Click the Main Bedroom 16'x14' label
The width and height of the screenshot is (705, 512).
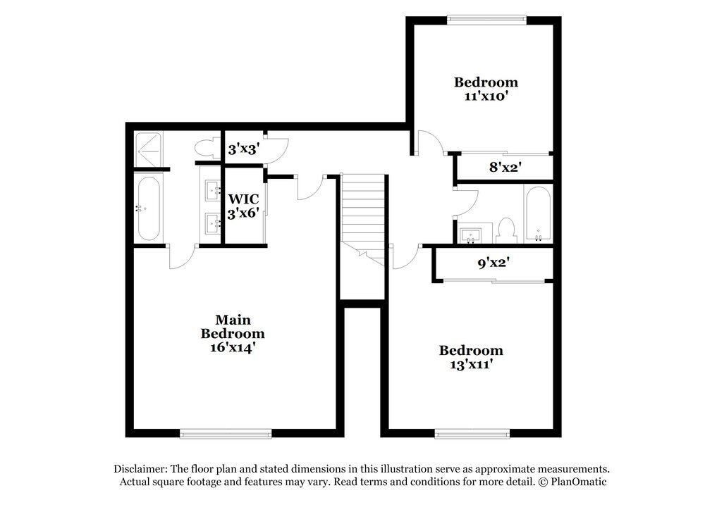point(233,333)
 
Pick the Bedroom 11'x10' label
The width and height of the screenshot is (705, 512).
point(486,89)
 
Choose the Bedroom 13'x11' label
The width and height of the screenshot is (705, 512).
point(471,358)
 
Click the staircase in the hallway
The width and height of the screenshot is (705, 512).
point(363,211)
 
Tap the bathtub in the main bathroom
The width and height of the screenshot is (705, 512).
point(149,208)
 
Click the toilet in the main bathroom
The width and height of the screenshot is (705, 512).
point(205,148)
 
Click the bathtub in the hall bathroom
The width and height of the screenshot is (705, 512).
point(538,213)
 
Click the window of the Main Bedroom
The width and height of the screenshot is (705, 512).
point(226,433)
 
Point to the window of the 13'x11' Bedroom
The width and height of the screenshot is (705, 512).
point(472,433)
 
